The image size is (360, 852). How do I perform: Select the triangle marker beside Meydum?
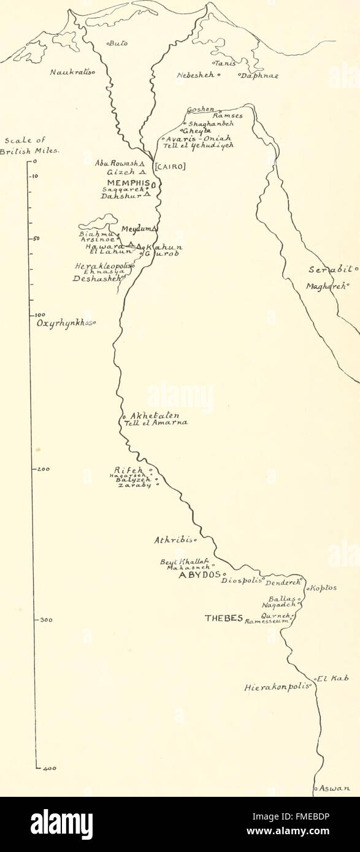click(155, 229)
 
